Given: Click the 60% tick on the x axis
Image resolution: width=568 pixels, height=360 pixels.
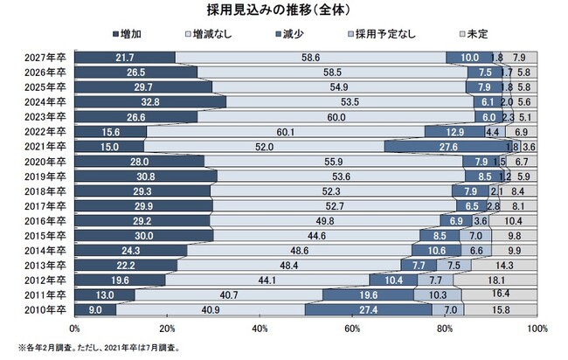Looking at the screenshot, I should point(352,328).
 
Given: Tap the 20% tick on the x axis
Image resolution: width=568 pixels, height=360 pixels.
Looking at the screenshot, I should point(168,328).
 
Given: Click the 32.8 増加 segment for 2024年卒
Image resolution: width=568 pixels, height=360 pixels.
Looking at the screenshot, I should point(150,101).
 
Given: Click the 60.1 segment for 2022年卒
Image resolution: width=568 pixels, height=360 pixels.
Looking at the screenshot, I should point(285,131).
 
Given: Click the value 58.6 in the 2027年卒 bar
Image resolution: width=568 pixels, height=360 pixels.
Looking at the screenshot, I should point(311,57).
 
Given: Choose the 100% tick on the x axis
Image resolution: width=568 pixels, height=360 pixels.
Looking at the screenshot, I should point(536,328).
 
